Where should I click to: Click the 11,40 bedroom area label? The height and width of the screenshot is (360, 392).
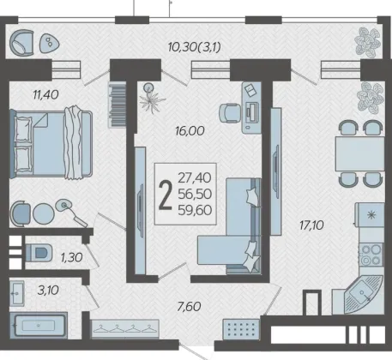click(45, 94)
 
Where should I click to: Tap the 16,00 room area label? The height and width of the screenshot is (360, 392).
click(190, 131)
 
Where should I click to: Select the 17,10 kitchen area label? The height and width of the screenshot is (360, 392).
click(311, 225)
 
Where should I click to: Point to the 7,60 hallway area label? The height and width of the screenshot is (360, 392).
click(189, 307)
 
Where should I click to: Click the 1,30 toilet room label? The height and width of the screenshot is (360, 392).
click(71, 257)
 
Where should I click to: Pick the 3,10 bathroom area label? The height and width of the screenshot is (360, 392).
click(48, 291)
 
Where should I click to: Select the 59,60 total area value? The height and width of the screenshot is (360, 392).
click(195, 210)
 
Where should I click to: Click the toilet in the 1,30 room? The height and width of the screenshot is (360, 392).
click(39, 253)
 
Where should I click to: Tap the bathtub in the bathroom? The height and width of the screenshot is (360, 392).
click(39, 326)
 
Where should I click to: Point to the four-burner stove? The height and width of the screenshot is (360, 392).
click(371, 255)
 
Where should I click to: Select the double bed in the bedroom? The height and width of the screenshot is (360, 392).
click(51, 143)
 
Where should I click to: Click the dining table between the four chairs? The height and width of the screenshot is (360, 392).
click(359, 153)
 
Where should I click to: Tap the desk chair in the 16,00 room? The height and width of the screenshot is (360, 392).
click(230, 113)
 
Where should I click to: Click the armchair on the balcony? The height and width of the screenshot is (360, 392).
click(22, 42)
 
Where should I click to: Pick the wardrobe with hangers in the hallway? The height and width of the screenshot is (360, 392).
click(125, 329)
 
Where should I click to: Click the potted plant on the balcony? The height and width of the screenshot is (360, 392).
click(368, 43)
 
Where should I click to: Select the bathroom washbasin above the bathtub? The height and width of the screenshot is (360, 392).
click(17, 292)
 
